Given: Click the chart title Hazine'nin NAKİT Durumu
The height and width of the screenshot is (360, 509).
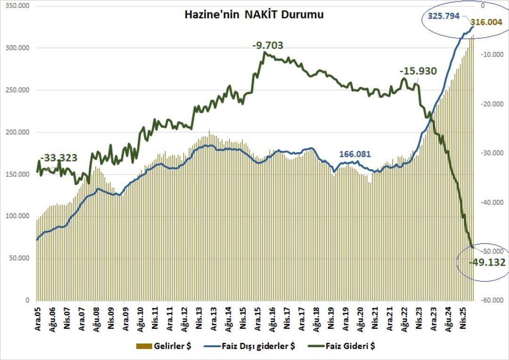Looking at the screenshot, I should [x=254, y=15].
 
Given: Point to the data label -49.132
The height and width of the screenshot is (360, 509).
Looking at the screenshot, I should [x=487, y=262].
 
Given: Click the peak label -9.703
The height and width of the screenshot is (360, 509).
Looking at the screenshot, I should [x=267, y=46].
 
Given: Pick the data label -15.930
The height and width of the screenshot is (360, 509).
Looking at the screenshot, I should [x=418, y=71].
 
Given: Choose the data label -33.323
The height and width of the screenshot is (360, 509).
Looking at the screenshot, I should [x=59, y=158].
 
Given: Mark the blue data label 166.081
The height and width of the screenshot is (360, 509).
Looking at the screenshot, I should [x=355, y=154].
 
